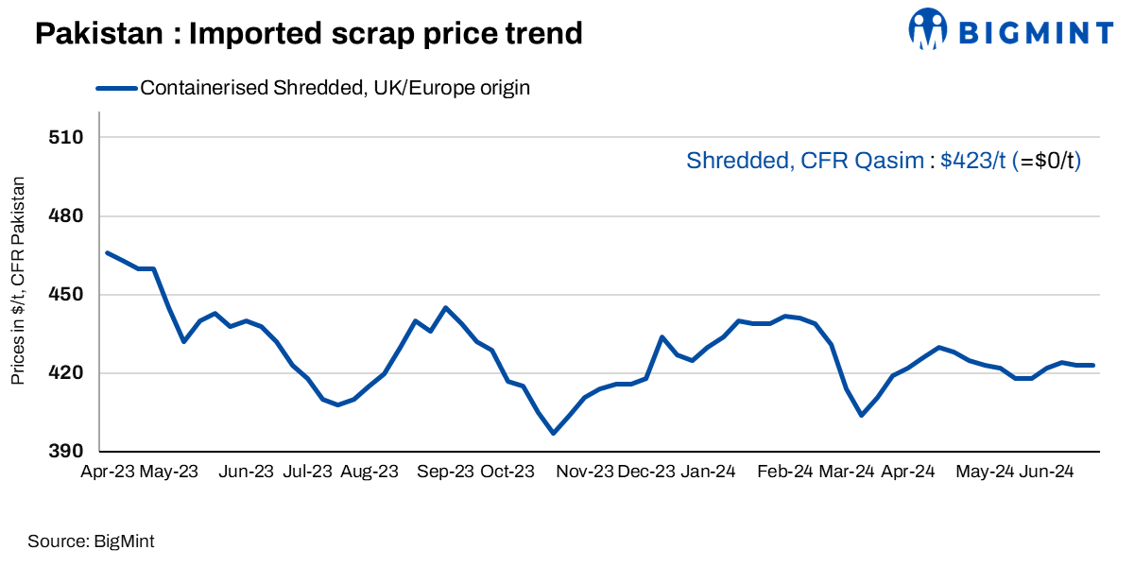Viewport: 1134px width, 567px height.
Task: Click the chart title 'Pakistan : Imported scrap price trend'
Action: [x=308, y=34]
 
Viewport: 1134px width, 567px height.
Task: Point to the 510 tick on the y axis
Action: [x=66, y=138]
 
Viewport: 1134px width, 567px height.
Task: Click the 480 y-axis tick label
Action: [x=66, y=216]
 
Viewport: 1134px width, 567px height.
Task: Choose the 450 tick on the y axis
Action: [x=66, y=295]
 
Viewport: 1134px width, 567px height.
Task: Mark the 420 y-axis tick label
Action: [x=66, y=373]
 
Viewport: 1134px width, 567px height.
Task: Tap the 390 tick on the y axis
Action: [x=66, y=452]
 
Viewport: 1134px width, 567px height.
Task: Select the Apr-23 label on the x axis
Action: [x=106, y=472]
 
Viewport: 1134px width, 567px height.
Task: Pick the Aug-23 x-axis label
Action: [x=369, y=472]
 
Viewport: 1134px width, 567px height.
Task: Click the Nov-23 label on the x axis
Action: [x=584, y=472]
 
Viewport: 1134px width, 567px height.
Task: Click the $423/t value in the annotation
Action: [x=972, y=161]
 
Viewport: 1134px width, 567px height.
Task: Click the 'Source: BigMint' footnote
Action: [x=91, y=541]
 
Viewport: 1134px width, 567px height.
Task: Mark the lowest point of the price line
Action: [x=553, y=433]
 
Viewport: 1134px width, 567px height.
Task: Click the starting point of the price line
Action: [x=107, y=252]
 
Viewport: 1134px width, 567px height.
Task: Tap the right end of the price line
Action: [x=1093, y=365]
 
